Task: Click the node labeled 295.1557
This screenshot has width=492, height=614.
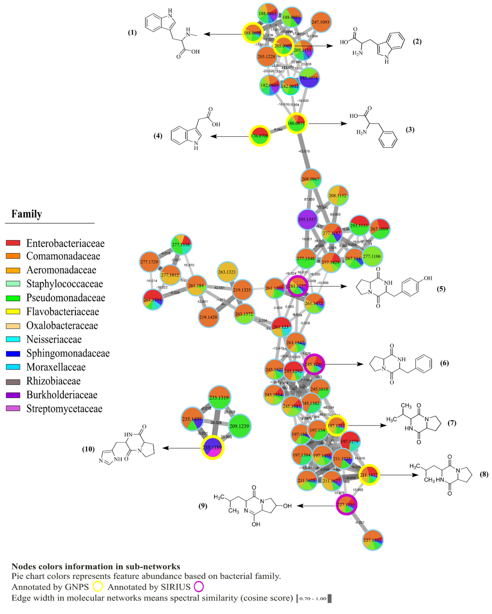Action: [307, 219]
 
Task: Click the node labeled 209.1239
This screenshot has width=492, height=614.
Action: [239, 426]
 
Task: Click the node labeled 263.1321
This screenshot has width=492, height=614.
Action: [227, 272]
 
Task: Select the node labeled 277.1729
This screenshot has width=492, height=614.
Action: [149, 262]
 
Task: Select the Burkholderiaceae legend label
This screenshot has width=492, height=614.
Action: [62, 395]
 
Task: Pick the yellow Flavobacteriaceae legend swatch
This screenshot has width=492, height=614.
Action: [13, 311]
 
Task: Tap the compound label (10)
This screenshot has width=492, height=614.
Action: [88, 449]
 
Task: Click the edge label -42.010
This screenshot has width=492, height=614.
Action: [304, 151]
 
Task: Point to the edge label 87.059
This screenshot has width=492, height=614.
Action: [309, 199]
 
